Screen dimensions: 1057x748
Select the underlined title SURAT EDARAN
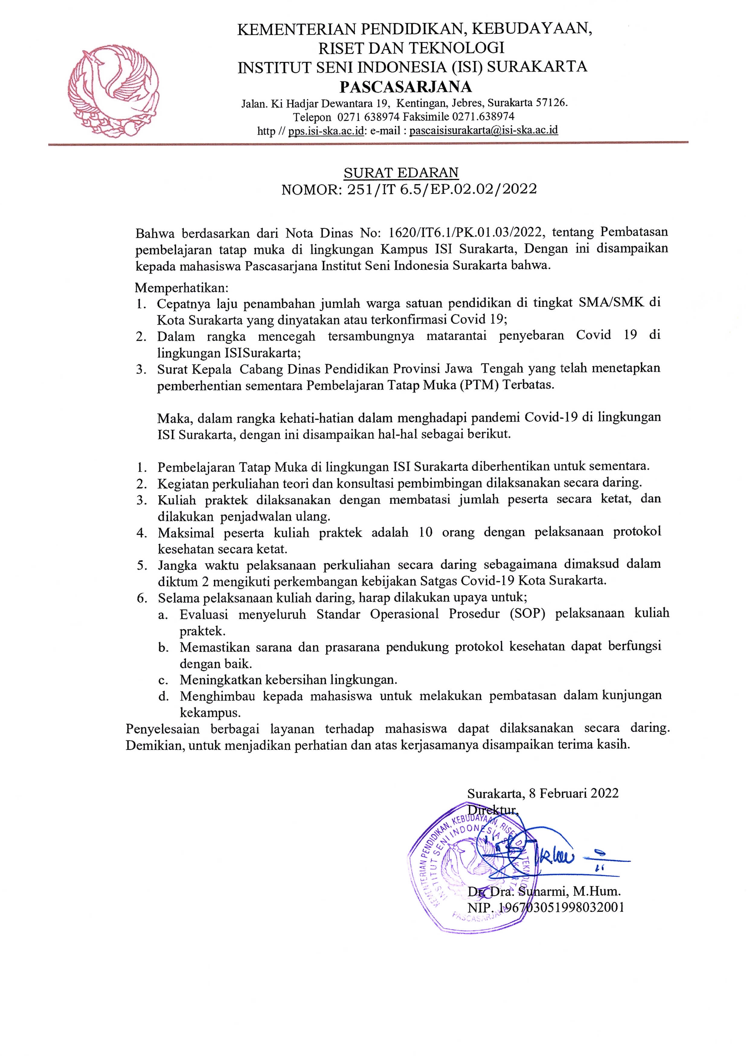[x=401, y=173]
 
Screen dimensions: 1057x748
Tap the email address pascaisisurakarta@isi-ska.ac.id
[x=484, y=130]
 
